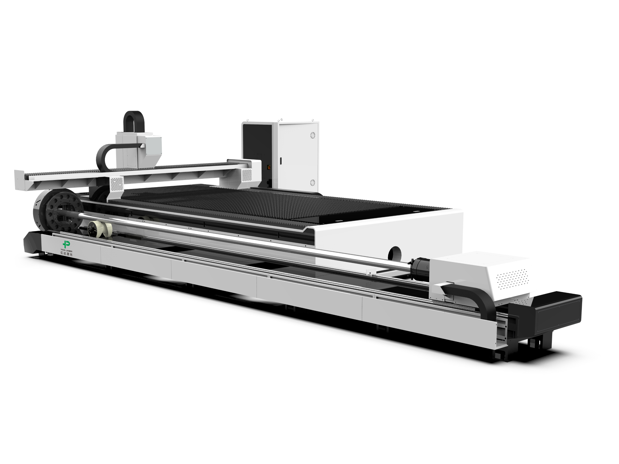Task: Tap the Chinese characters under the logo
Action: pos(67,254)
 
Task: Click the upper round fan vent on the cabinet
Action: pos(312,135)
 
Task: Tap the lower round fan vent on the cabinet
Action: pos(312,183)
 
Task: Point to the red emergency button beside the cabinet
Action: pos(268,167)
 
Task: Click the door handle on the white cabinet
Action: pos(280,161)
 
